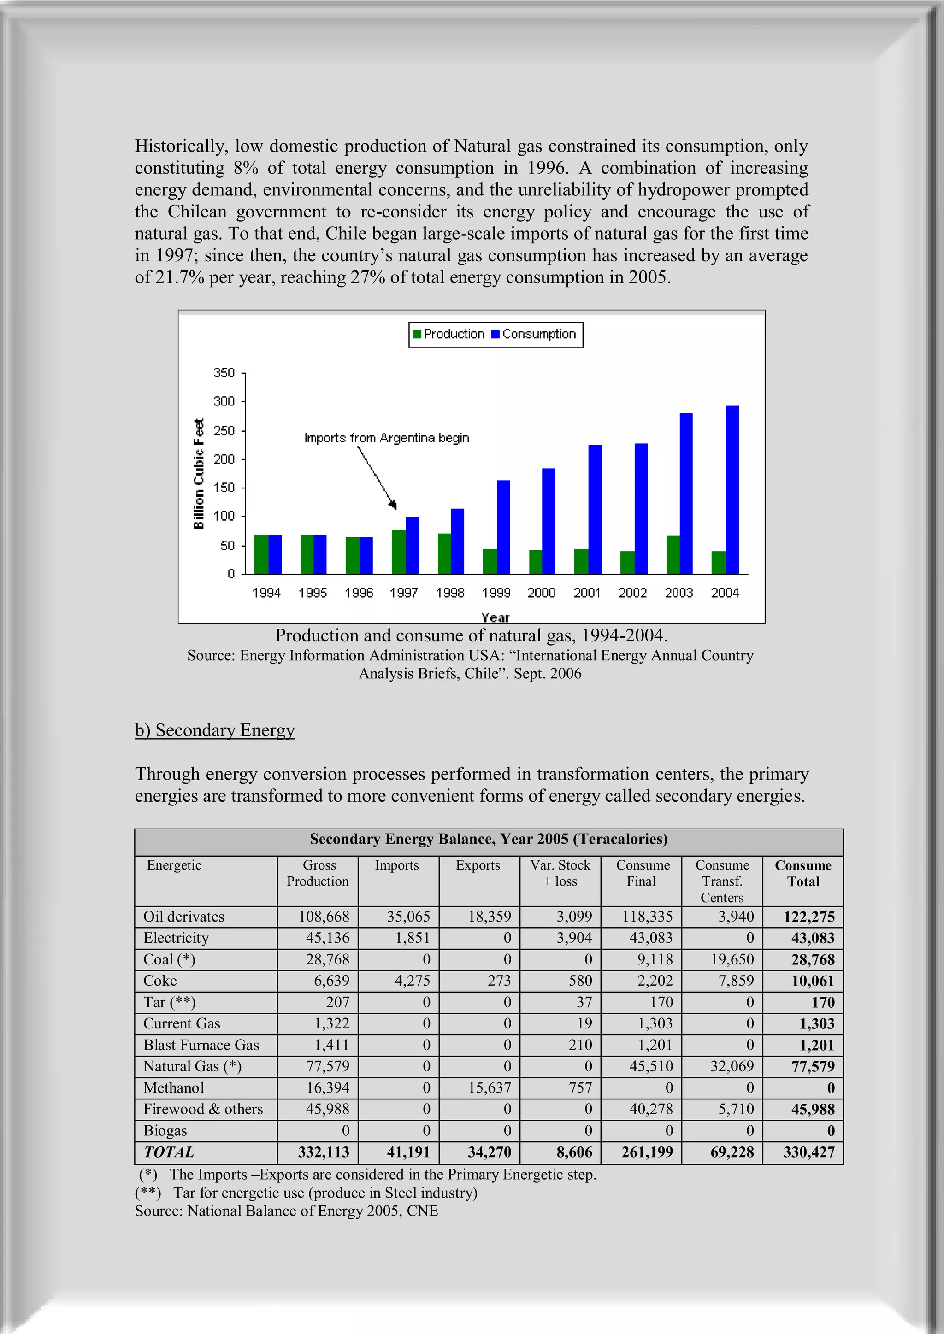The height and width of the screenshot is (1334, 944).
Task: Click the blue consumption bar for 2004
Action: pos(732,490)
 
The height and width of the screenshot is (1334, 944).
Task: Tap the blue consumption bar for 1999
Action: pos(503,527)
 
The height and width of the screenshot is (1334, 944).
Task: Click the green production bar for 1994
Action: pos(261,554)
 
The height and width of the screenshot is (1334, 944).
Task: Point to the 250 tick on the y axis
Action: pos(224,430)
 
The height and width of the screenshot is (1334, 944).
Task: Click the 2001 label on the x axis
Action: pos(586,593)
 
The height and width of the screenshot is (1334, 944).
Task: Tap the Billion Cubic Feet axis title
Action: pos(199,474)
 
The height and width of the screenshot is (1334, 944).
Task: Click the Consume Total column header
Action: pos(803,873)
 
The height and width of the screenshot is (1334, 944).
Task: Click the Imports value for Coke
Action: pos(412,981)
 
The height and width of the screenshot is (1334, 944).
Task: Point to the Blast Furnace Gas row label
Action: pos(201,1045)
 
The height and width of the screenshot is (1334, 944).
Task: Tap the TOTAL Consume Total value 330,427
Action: pos(808,1152)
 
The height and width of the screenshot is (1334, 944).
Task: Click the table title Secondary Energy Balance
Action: pos(488,839)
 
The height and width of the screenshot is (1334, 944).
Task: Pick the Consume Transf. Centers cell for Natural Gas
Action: pos(732,1066)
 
